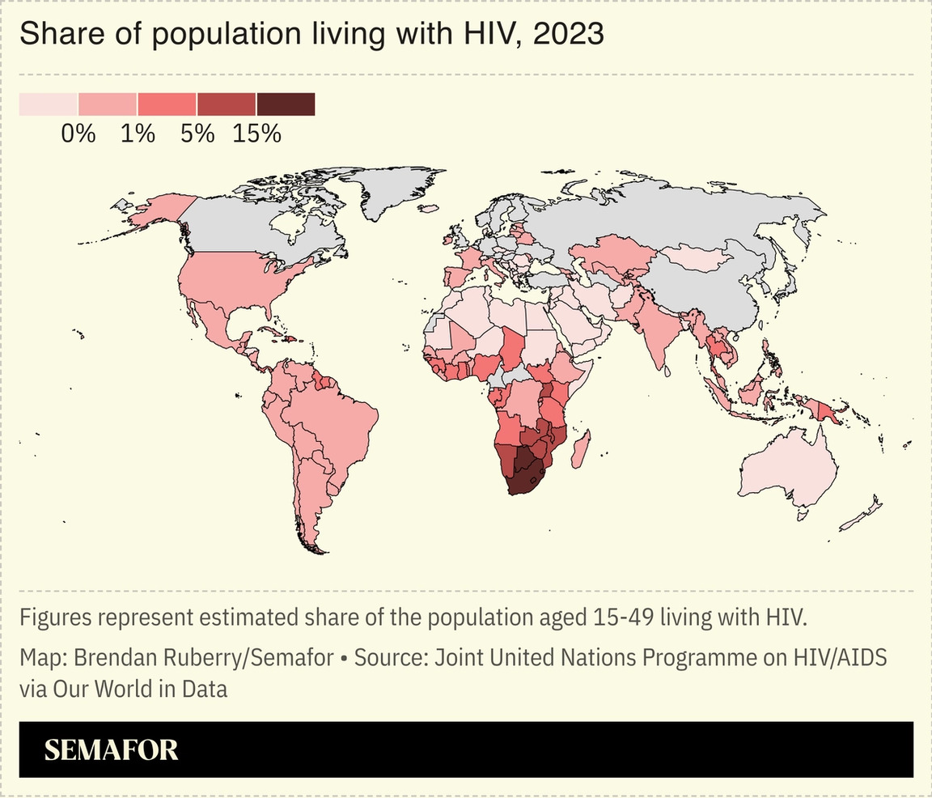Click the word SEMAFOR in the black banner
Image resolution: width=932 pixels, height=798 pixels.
point(111,750)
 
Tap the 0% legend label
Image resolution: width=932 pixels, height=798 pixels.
point(78,134)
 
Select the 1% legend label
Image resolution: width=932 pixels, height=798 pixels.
point(138,134)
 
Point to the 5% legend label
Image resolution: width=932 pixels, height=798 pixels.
point(197,134)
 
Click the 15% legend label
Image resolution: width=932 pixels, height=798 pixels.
point(256,134)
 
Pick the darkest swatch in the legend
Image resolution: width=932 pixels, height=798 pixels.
point(286,104)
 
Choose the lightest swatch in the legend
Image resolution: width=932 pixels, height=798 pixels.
point(49,104)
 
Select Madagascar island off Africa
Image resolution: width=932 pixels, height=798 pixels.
point(579,449)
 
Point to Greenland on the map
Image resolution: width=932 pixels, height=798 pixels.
point(396,190)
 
